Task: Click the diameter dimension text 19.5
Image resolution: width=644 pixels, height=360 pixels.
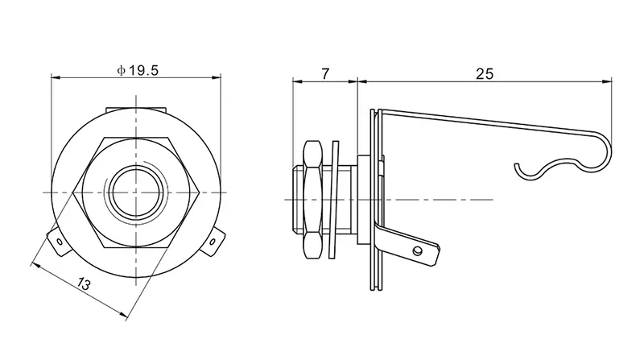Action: coord(142,70)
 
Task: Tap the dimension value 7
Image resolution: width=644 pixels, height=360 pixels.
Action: coord(324,73)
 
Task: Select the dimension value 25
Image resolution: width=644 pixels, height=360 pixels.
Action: coord(484,73)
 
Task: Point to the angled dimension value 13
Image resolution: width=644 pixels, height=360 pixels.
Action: coord(82,284)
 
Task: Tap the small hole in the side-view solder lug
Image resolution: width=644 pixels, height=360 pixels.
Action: coord(418,251)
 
